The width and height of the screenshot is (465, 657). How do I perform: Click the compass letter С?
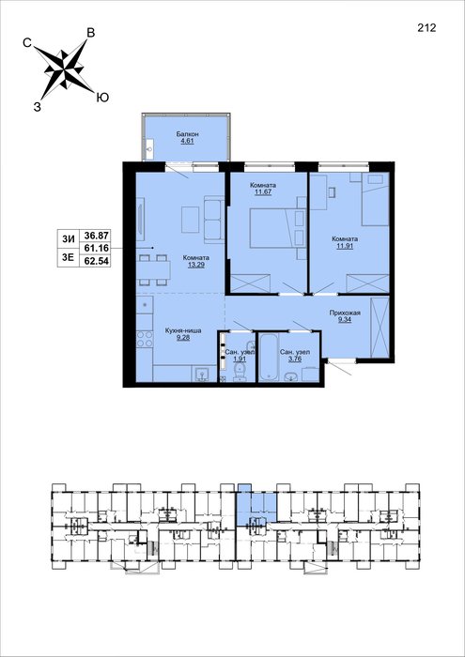(27, 42)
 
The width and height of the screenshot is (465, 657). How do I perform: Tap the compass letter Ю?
(102, 98)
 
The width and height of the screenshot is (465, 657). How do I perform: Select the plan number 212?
(426, 27)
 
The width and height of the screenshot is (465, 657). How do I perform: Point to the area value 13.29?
(196, 265)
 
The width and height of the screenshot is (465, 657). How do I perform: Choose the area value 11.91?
(344, 246)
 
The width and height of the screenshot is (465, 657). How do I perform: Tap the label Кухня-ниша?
(183, 330)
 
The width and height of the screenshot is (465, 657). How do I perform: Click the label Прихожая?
(345, 313)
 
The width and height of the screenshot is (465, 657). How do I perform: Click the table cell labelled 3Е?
(69, 258)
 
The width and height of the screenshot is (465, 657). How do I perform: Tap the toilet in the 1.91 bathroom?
(240, 371)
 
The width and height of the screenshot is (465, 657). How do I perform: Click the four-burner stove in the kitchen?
(144, 339)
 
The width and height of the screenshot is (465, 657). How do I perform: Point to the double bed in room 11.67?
(272, 228)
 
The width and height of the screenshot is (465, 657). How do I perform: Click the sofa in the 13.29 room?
(214, 219)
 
